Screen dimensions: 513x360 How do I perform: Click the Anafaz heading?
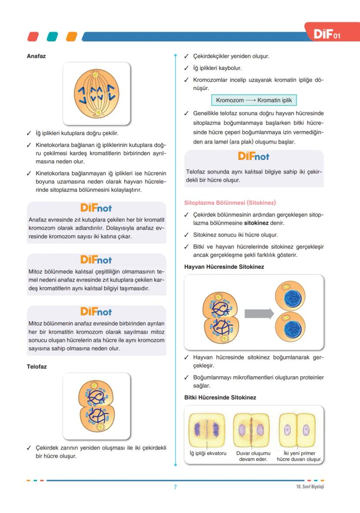(x=36, y=57)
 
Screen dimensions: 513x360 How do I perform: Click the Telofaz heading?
(x=37, y=366)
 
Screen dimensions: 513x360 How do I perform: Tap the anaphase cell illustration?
(x=97, y=93)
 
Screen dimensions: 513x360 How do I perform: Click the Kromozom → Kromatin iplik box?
(x=254, y=100)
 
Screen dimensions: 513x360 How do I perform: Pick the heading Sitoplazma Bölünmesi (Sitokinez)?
(x=230, y=203)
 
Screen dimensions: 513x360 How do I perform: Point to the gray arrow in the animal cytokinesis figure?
(x=258, y=313)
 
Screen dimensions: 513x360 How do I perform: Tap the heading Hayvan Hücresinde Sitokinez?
(x=224, y=267)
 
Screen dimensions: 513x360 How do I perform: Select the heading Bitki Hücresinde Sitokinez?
(x=220, y=397)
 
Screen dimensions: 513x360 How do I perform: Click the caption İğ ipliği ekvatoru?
(x=208, y=453)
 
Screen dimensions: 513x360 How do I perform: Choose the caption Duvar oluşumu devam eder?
(x=253, y=456)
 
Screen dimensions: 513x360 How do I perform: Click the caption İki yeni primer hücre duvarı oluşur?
(x=299, y=456)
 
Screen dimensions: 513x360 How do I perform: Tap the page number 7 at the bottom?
(x=175, y=487)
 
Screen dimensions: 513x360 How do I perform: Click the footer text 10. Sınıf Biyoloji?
(x=307, y=486)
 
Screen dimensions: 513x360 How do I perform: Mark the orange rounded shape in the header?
(x=71, y=37)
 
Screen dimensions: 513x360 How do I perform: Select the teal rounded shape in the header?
(x=53, y=37)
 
